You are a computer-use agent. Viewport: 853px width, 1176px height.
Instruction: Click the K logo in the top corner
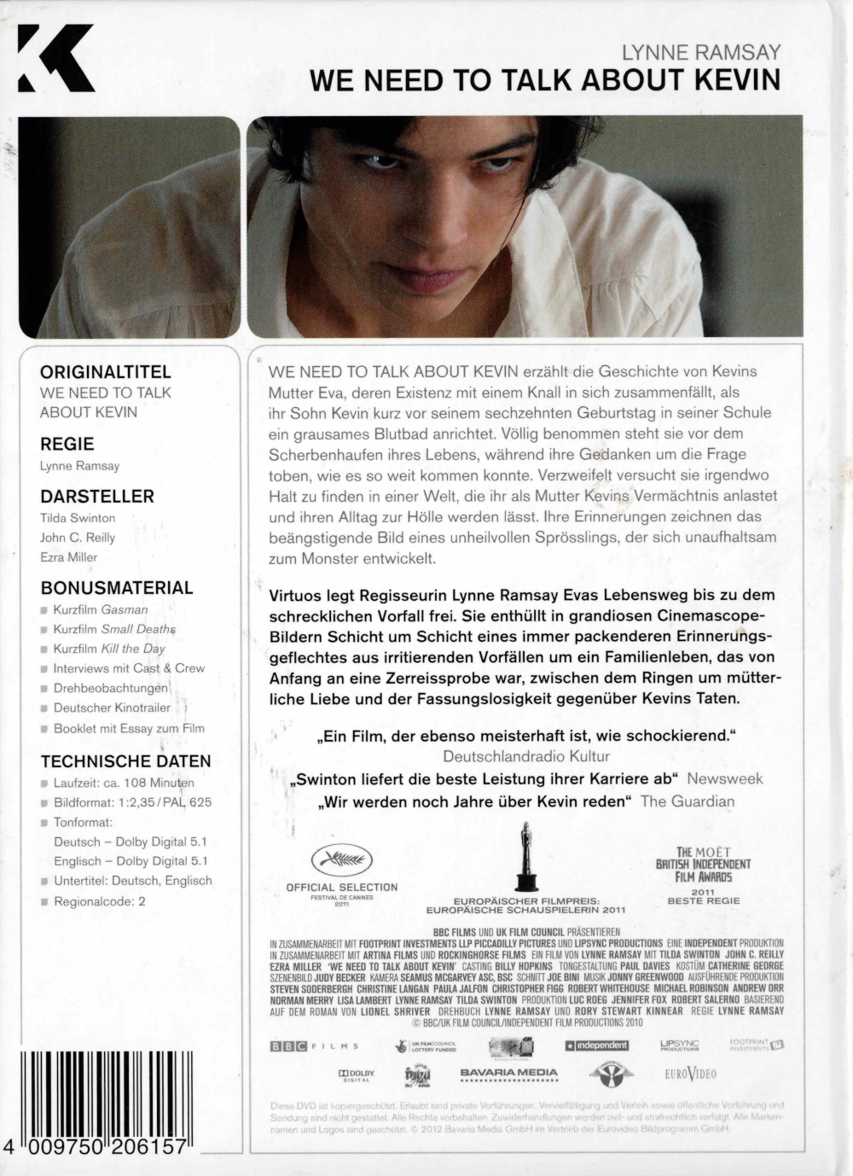click(55, 58)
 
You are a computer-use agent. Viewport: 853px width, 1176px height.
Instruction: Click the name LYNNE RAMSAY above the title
click(700, 52)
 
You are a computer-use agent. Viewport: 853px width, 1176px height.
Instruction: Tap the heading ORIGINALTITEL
click(106, 372)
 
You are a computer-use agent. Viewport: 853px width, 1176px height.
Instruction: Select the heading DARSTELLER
click(97, 496)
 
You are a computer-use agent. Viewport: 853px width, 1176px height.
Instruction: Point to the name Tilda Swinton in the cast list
click(78, 518)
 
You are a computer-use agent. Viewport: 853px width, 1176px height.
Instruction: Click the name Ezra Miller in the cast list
click(69, 557)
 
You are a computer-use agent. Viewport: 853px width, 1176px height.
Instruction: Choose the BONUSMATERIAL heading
click(117, 588)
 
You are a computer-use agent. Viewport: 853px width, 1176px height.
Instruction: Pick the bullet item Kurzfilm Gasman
click(101, 609)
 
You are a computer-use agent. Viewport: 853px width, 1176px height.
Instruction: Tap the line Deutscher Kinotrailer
click(112, 707)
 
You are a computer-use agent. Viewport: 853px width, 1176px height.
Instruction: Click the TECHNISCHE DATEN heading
click(125, 761)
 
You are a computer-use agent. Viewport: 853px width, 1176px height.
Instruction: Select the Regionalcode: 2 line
click(100, 900)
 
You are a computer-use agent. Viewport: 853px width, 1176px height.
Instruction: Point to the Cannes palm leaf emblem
click(341, 859)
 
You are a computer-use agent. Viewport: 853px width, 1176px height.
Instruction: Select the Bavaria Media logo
click(508, 1074)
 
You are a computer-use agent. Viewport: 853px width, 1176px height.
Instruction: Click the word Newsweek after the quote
click(724, 778)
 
